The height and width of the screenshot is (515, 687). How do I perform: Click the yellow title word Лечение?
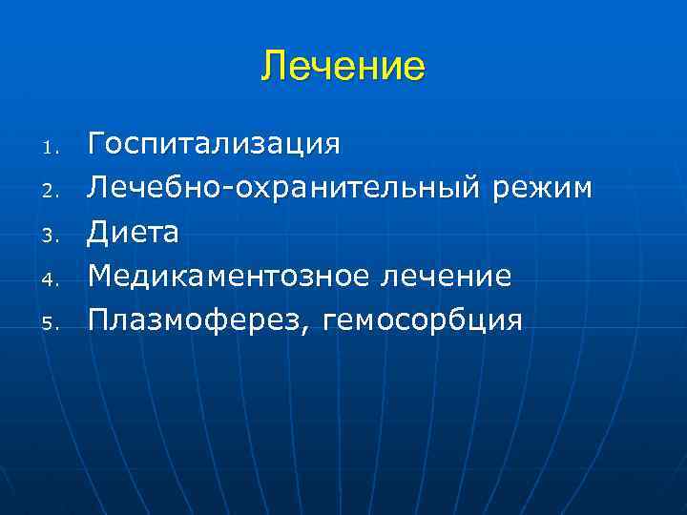click(343, 67)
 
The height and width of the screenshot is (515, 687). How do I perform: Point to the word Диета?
click(134, 232)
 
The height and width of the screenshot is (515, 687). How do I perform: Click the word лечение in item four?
click(447, 276)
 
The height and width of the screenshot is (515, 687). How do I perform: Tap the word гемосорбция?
click(423, 320)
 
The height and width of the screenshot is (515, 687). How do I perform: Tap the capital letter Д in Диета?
click(97, 232)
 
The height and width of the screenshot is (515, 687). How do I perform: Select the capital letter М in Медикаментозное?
click(100, 276)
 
